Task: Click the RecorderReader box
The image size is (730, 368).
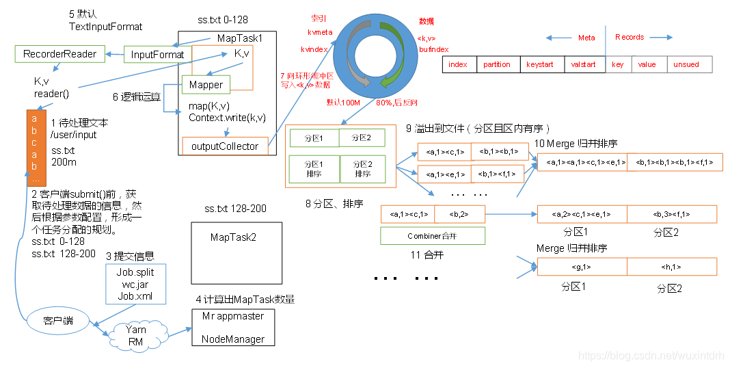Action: point(60,53)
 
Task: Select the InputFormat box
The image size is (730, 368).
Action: point(157,55)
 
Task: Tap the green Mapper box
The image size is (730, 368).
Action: point(206,85)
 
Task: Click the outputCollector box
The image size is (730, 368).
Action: point(225,146)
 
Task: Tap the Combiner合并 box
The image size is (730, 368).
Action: point(432,236)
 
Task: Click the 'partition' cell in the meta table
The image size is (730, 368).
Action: point(496,64)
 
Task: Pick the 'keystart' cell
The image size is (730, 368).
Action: point(540,64)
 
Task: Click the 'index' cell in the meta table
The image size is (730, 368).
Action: point(458,64)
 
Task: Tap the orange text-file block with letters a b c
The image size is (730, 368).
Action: point(36,147)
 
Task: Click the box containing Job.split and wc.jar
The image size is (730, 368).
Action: point(135,284)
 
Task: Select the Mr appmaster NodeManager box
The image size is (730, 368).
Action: point(232,328)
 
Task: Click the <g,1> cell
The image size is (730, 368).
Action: point(582,267)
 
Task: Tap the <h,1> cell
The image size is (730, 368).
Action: point(671,267)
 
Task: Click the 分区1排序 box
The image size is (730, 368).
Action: point(312,168)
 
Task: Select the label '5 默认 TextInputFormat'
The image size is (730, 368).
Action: point(105,21)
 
